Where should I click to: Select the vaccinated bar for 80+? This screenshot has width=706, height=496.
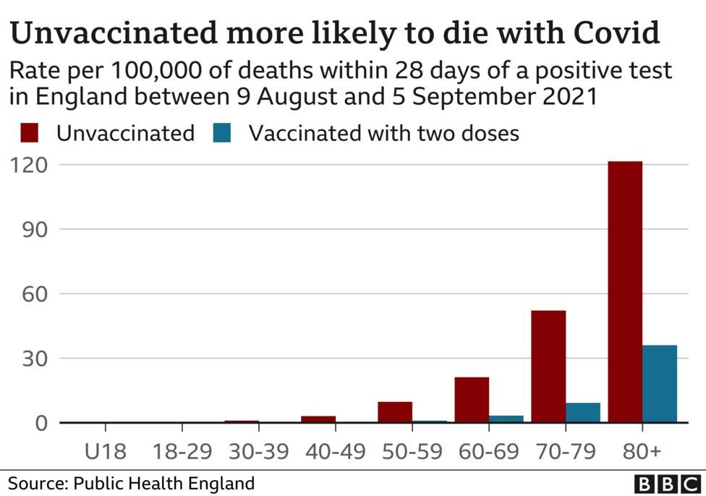click(x=660, y=384)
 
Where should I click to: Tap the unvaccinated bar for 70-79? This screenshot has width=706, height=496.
click(x=548, y=367)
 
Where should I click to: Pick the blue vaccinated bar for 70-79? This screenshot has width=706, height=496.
click(x=583, y=413)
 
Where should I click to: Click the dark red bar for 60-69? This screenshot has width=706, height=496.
click(x=472, y=400)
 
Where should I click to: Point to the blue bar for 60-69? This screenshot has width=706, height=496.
click(x=506, y=419)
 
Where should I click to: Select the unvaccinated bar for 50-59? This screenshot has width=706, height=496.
click(x=395, y=412)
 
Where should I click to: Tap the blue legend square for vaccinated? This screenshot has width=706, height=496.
click(x=222, y=134)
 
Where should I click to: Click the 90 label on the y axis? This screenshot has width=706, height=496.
click(x=35, y=229)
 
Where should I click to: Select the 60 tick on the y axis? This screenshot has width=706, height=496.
click(x=35, y=294)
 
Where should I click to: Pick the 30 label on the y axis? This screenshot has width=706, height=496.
click(x=35, y=359)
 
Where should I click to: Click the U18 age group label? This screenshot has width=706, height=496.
click(x=106, y=452)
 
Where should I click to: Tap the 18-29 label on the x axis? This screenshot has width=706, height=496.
click(x=182, y=452)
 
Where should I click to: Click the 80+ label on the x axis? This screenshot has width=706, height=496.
click(x=642, y=452)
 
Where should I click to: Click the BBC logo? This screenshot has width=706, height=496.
click(x=663, y=484)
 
